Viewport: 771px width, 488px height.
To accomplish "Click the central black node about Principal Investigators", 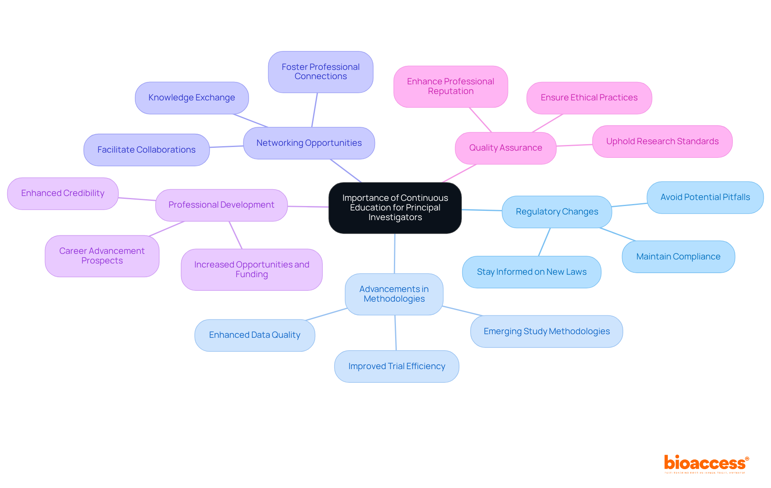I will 395,208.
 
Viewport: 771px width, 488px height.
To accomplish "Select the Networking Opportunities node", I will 309,143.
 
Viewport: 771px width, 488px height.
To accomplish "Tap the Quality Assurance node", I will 505,148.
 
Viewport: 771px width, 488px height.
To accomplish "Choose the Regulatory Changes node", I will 557,212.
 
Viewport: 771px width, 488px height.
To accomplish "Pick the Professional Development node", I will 221,205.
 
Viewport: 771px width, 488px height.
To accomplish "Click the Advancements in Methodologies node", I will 394,294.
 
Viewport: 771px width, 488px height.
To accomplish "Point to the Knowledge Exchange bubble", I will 192,98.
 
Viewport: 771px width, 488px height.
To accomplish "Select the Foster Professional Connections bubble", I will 320,72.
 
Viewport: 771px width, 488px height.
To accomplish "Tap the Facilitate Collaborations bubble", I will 146,150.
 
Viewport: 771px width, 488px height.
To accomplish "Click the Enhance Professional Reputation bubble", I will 451,86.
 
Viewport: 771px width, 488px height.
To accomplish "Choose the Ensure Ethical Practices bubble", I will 589,98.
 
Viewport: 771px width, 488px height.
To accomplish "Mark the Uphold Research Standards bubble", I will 662,141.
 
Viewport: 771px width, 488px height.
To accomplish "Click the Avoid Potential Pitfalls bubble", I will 705,197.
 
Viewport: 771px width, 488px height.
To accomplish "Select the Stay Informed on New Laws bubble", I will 531,272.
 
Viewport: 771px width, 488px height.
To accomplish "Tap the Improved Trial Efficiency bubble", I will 396,366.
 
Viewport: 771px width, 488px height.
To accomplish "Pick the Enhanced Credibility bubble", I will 63,193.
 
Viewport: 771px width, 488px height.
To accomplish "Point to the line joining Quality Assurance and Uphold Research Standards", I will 574,145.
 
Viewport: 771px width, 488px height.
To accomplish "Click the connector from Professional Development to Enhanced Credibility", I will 137,199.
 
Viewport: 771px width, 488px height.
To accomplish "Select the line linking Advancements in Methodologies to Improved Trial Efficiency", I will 396,333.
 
